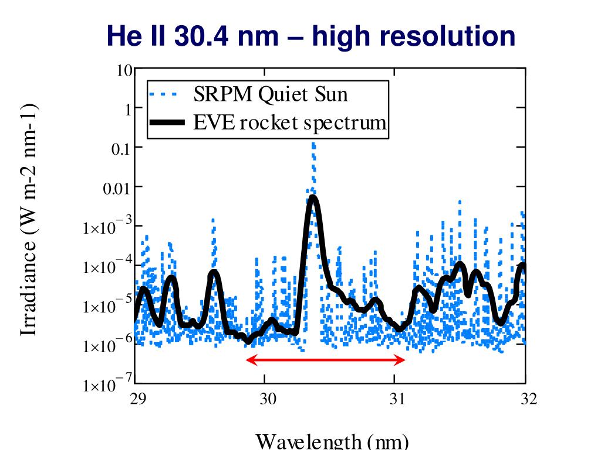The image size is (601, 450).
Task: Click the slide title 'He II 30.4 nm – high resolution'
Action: [x=311, y=36]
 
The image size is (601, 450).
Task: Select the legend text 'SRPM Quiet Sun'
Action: [x=271, y=94]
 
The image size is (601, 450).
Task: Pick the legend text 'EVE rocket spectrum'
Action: [x=290, y=123]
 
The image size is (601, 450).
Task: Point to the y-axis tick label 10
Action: [x=124, y=71]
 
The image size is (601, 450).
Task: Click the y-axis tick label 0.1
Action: [x=120, y=148]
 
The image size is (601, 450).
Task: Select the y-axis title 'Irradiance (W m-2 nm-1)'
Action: [x=29, y=220]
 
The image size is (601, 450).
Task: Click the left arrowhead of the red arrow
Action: [x=249, y=359]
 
